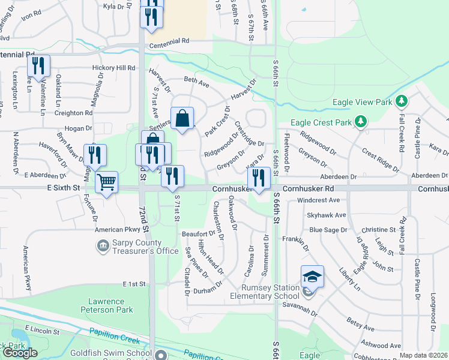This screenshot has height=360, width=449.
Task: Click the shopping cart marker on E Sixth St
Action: click(107, 182)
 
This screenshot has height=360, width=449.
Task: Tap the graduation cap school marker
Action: click(312, 277)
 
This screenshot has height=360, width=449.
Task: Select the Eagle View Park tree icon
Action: click(402, 102)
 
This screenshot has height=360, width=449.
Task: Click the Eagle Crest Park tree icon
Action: click(360, 122)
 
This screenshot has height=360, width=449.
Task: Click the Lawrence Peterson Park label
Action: click(104, 306)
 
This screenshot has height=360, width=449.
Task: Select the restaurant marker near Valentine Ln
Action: click(38, 65)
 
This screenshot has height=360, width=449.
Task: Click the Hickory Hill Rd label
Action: click(113, 68)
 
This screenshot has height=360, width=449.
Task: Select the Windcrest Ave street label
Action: click(318, 200)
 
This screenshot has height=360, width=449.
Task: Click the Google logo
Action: click(20, 353)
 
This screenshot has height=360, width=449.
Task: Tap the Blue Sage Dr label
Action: click(328, 229)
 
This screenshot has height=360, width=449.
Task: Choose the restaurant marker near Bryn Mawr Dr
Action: click(95, 155)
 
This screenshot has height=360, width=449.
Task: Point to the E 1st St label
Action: click(134, 283)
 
